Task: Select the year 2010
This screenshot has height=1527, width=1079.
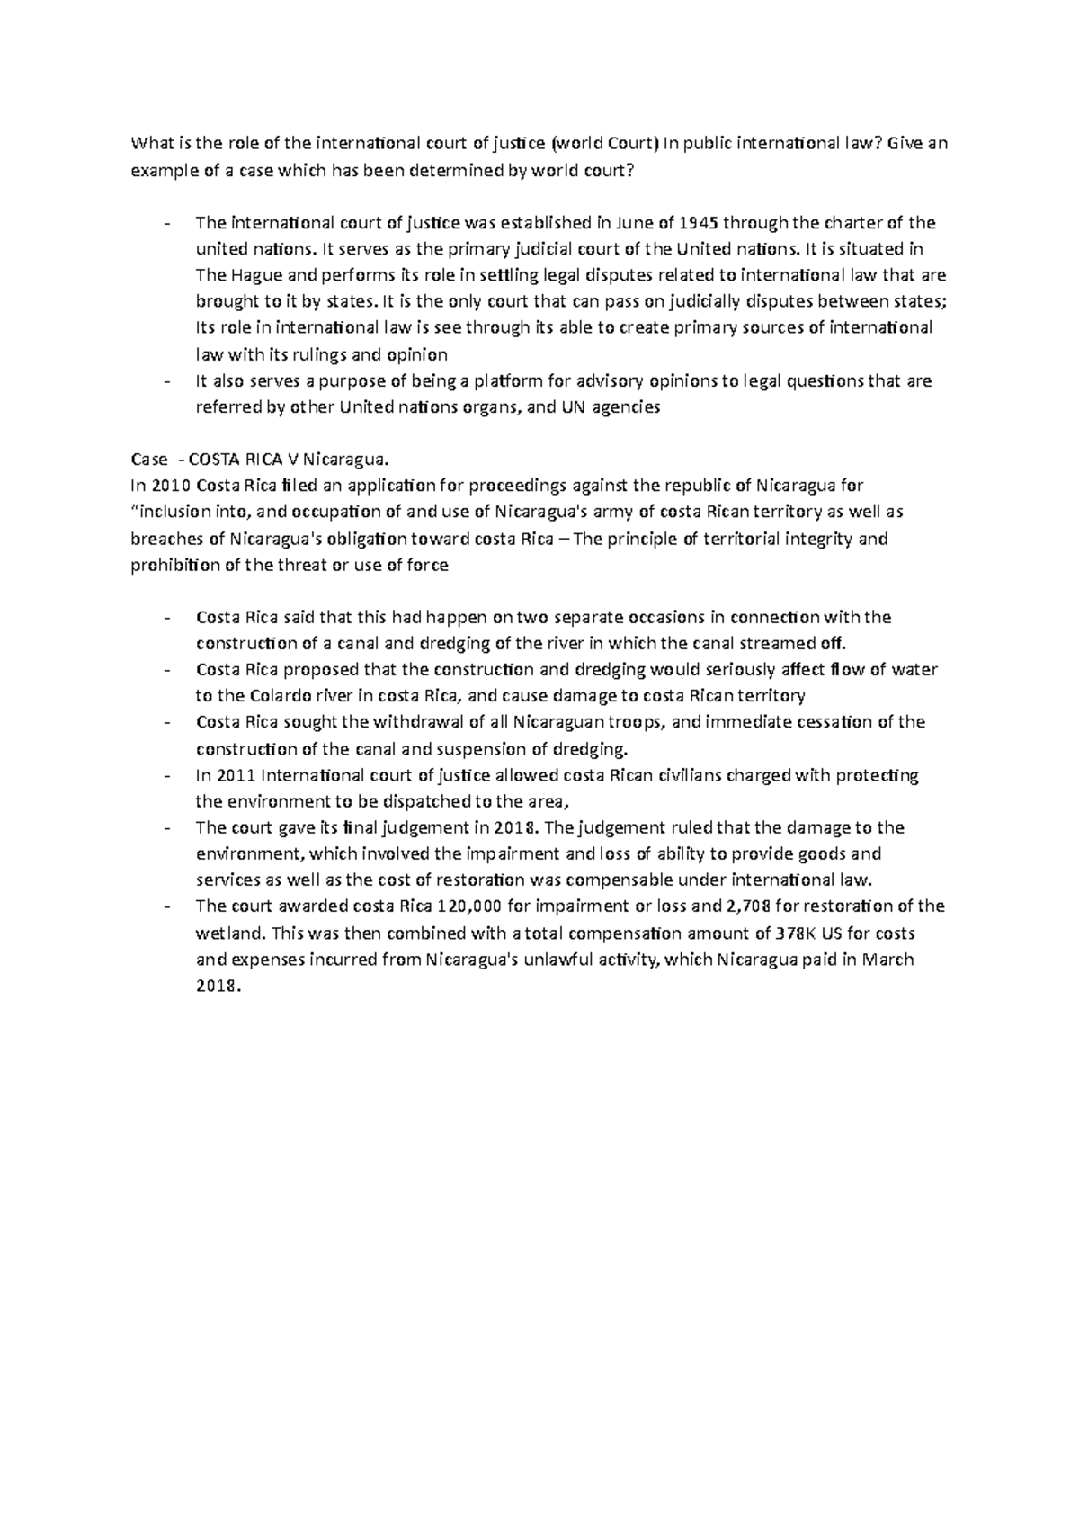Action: (x=171, y=486)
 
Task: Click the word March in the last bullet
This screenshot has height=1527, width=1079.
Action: (x=887, y=959)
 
